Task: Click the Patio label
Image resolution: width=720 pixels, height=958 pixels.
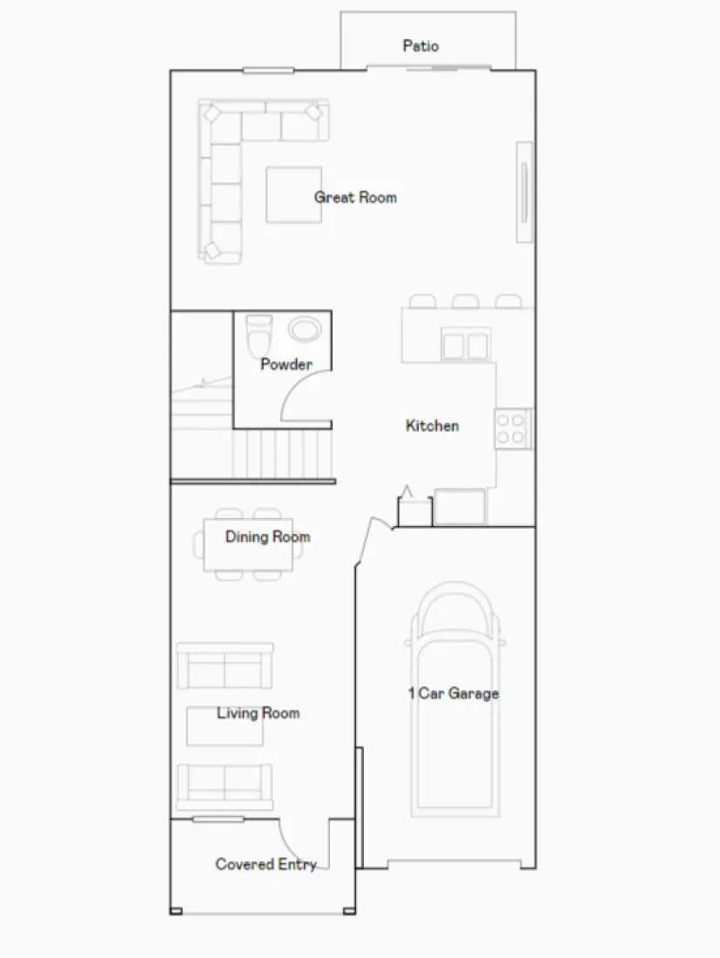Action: click(421, 46)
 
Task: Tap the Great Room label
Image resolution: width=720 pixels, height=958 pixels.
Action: click(355, 198)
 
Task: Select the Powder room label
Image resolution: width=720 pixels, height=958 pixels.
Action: click(286, 364)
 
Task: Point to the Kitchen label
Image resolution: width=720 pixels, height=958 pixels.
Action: click(432, 426)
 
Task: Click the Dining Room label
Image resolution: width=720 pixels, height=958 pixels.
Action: click(267, 536)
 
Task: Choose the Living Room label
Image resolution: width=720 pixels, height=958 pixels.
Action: click(258, 713)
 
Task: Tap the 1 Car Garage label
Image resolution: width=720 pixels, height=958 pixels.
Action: click(454, 693)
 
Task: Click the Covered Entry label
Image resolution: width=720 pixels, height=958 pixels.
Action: click(266, 865)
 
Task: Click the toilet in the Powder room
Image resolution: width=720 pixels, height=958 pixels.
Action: click(259, 331)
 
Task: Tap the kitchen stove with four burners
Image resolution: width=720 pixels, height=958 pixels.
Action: click(511, 428)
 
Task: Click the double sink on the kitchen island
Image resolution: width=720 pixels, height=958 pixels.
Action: click(465, 346)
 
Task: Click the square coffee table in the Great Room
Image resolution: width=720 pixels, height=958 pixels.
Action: click(293, 195)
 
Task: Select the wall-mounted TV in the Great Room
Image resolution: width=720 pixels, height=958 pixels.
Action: click(524, 192)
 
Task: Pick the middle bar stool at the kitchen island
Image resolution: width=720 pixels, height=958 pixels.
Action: click(465, 301)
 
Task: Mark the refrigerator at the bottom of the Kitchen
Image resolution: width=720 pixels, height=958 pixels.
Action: click(460, 508)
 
